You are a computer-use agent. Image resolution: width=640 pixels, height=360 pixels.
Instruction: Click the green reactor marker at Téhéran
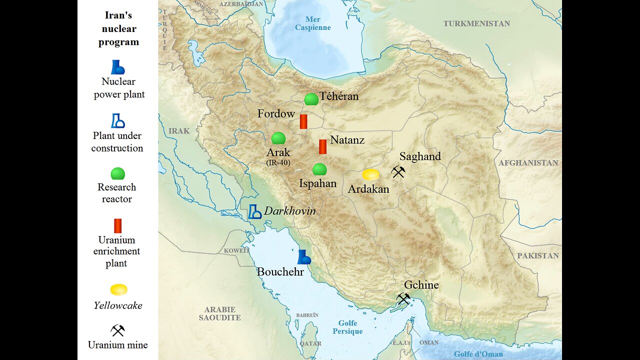[311, 99]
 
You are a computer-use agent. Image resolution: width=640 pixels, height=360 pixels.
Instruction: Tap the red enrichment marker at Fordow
[303, 121]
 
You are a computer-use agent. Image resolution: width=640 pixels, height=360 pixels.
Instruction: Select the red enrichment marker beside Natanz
[322, 146]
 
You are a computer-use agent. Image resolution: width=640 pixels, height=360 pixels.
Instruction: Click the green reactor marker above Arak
[278, 138]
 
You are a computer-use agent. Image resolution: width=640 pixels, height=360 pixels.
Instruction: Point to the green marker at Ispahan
[319, 169]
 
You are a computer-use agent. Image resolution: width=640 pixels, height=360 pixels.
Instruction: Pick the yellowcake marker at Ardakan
[370, 174]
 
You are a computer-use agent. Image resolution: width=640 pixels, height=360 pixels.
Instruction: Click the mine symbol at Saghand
[398, 172]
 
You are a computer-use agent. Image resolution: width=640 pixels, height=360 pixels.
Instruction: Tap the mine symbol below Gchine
[403, 299]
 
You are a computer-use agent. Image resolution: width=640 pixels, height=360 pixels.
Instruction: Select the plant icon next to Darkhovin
[255, 211]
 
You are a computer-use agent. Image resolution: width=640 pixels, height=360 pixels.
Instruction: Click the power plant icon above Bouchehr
[303, 257]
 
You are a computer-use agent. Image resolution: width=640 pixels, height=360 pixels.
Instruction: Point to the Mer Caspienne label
[312, 23]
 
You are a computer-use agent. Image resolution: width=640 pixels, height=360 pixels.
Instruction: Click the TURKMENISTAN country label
[476, 23]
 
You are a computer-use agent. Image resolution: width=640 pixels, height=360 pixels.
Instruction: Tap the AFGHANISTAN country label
[528, 162]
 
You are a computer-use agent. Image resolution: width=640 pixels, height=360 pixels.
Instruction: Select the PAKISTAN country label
[538, 255]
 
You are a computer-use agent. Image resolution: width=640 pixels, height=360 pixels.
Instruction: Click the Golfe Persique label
[347, 327]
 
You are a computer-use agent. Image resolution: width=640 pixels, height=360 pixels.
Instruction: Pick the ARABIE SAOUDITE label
[219, 313]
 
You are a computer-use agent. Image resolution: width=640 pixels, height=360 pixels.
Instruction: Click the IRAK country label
[179, 131]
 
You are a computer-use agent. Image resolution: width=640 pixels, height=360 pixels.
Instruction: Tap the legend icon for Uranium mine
[117, 330]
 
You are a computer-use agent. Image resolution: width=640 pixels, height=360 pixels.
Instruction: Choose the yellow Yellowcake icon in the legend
[118, 290]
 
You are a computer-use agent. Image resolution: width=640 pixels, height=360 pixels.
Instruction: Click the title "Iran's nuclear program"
[118, 29]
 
